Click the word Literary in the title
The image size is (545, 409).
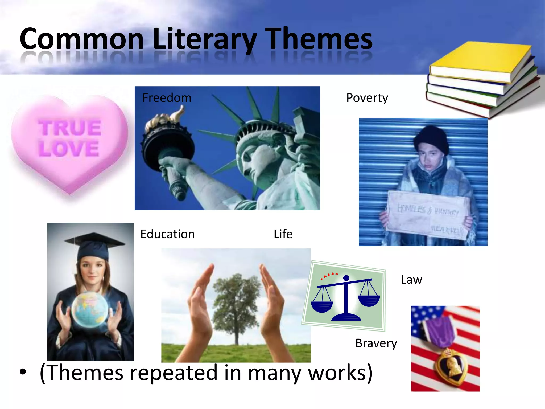[205, 39]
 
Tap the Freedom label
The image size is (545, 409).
[167, 98]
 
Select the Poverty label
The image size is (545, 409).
[367, 98]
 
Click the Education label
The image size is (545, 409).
[167, 234]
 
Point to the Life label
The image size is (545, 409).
[283, 234]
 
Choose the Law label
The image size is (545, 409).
[411, 280]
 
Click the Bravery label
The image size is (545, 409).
[376, 343]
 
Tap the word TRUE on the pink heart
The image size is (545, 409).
[70, 128]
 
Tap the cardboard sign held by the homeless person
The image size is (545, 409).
[427, 214]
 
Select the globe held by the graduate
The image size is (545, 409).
[90, 309]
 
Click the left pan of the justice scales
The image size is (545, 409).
[321, 306]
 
